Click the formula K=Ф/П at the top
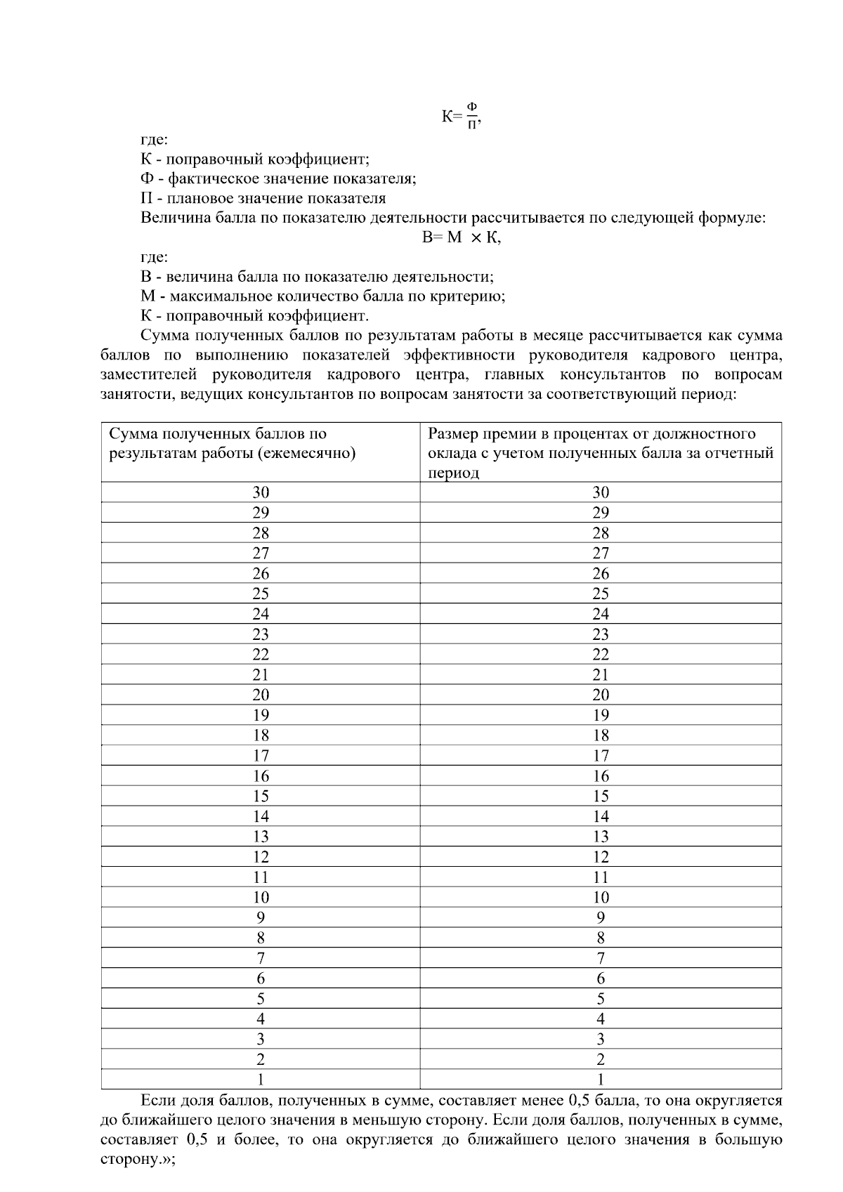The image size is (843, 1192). [461, 116]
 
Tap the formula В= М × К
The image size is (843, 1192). [461, 237]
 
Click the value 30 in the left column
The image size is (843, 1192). [261, 492]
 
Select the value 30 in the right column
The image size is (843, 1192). [601, 492]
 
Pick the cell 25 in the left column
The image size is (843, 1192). [261, 594]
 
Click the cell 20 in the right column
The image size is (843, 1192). [601, 695]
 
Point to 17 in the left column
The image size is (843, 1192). [261, 756]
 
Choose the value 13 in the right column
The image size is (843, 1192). [601, 837]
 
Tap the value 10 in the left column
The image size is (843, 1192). [261, 897]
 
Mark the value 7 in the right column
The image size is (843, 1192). [601, 958]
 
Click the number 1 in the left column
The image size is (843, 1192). [261, 1080]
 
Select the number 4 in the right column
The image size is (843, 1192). [601, 1019]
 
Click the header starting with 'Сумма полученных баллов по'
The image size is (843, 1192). [232, 443]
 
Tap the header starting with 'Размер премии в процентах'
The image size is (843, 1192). [600, 453]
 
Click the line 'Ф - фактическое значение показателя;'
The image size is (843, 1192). [278, 178]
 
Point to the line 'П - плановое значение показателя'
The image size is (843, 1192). [263, 198]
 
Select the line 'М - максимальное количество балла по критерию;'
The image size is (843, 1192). [322, 296]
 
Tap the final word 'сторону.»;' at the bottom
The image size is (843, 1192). [138, 1160]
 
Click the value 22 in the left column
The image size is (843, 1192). [261, 654]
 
